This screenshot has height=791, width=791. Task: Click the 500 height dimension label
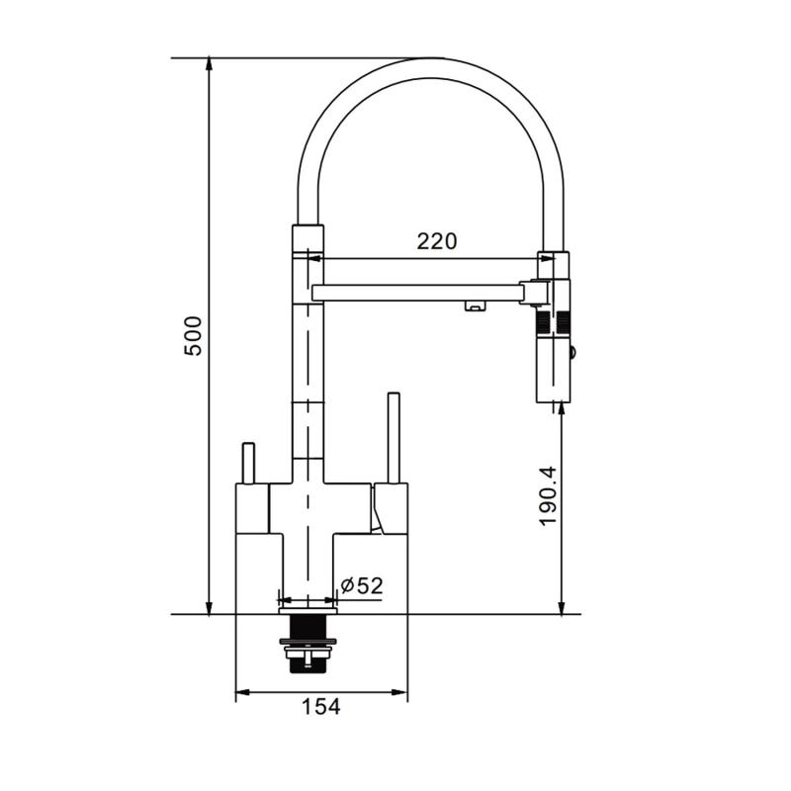pyautogui.click(x=193, y=336)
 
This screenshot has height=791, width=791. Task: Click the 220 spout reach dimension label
pyautogui.click(x=437, y=241)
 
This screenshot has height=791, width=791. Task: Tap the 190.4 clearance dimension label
pyautogui.click(x=548, y=496)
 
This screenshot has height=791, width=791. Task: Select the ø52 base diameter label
pyautogui.click(x=362, y=585)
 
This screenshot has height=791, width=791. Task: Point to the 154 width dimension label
pyautogui.click(x=321, y=707)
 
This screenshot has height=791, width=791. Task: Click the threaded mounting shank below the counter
pyautogui.click(x=308, y=645)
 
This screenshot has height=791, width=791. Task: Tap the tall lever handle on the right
pyautogui.click(x=394, y=438)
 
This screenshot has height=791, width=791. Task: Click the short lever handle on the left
pyautogui.click(x=249, y=463)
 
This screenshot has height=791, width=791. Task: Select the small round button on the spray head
pyautogui.click(x=572, y=351)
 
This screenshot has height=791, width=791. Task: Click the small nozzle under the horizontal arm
pyautogui.click(x=474, y=306)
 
